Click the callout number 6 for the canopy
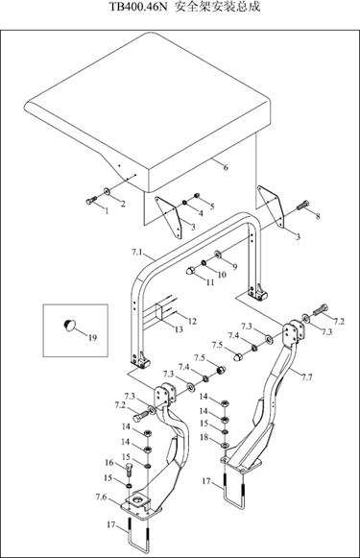point(226,167)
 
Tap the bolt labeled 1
point(91,201)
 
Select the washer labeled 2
point(107,191)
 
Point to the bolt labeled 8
point(302,205)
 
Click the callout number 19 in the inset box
point(92,338)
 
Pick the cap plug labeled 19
point(69,325)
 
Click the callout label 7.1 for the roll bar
point(137,253)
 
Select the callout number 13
point(179,329)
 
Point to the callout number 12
point(192,322)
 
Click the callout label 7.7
point(306,377)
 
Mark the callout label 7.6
point(101,497)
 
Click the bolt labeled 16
point(130,470)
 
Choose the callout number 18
point(204,437)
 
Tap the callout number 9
point(234,267)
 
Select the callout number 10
point(222,275)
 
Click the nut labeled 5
point(196,195)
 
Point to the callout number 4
point(201,213)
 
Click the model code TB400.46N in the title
point(137,7)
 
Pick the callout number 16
point(109,463)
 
